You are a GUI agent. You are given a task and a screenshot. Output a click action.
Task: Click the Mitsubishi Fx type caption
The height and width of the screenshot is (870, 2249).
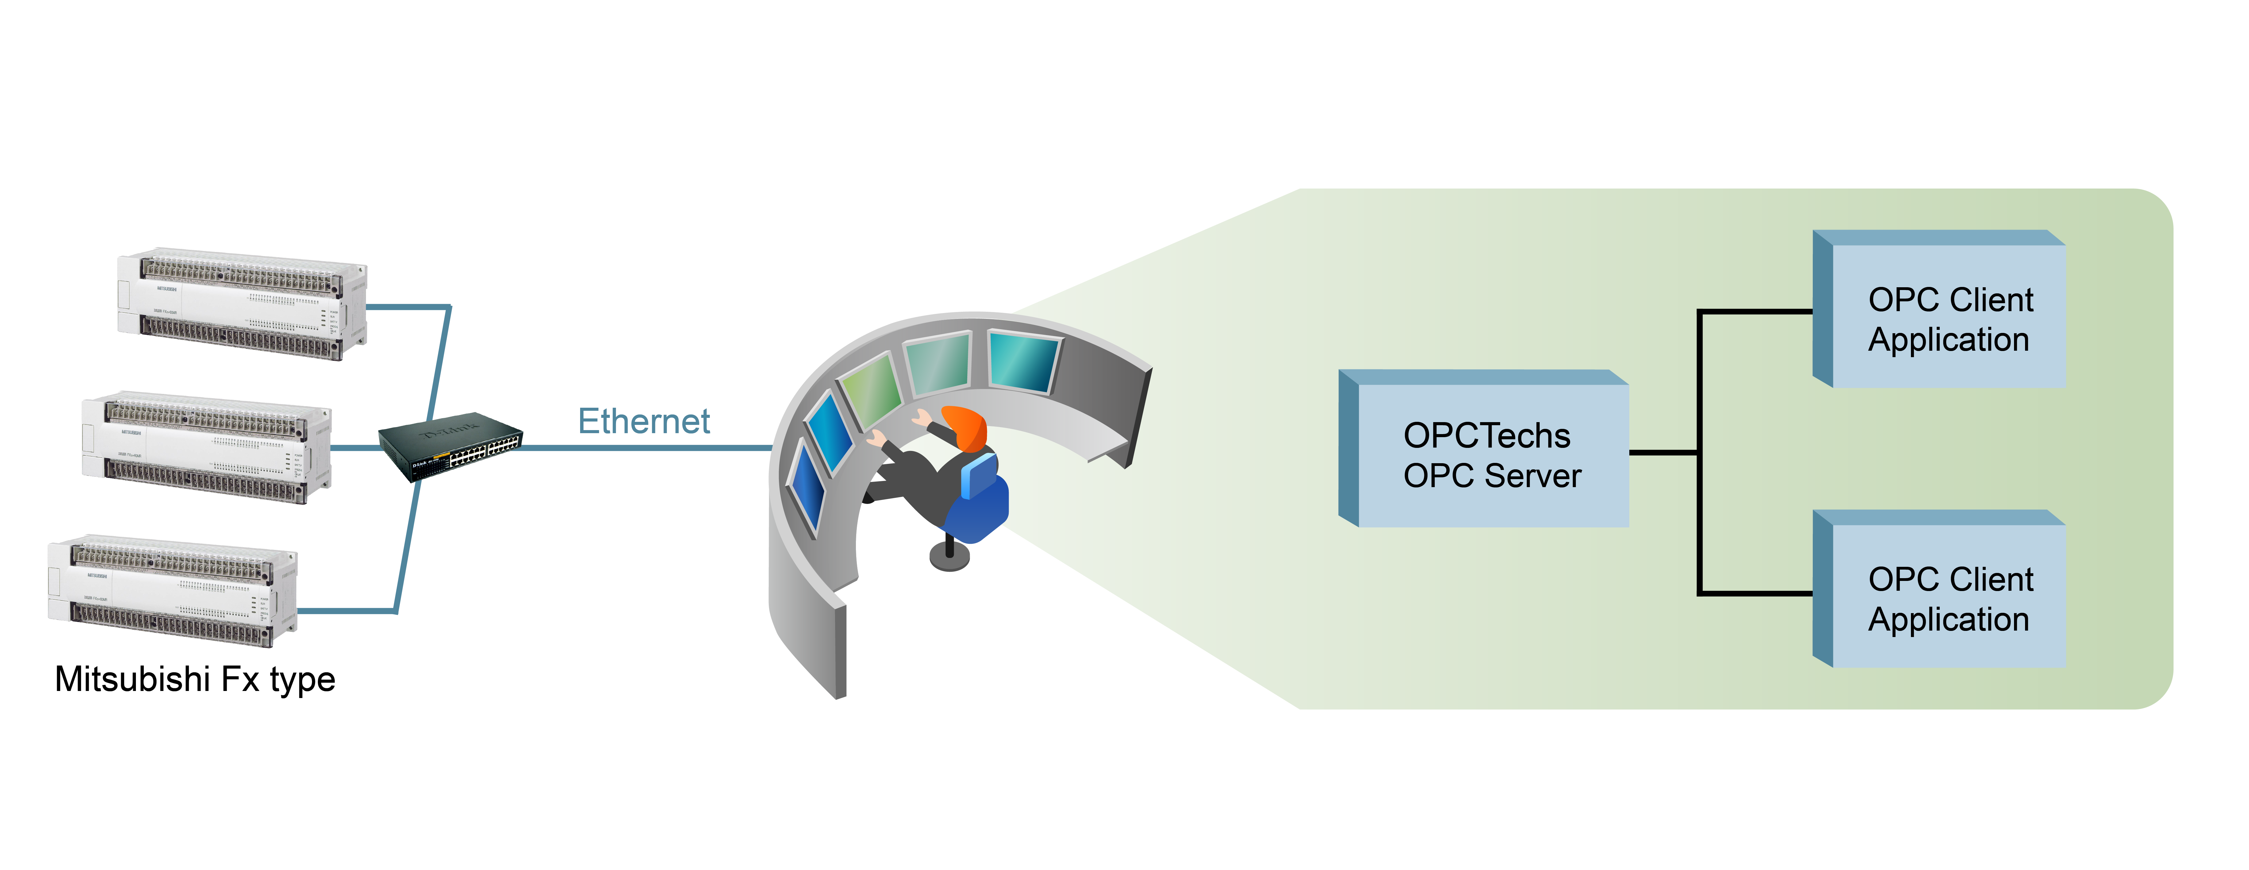click(x=195, y=679)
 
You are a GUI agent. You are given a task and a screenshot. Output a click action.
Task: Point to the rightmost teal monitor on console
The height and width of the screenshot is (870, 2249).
click(x=1023, y=361)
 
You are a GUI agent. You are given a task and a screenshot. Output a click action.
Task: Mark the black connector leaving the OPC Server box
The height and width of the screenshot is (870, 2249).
click(x=1663, y=452)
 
